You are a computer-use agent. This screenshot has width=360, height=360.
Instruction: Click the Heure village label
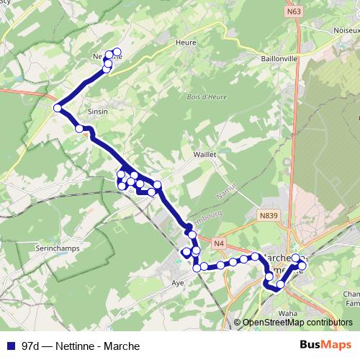185,42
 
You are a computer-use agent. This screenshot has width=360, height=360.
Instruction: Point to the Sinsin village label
96,112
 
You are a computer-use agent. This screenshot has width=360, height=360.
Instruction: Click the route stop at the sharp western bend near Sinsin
58,108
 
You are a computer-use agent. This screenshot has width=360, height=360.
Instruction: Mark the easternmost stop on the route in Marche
302,266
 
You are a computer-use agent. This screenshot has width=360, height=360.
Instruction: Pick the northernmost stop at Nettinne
117,52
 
